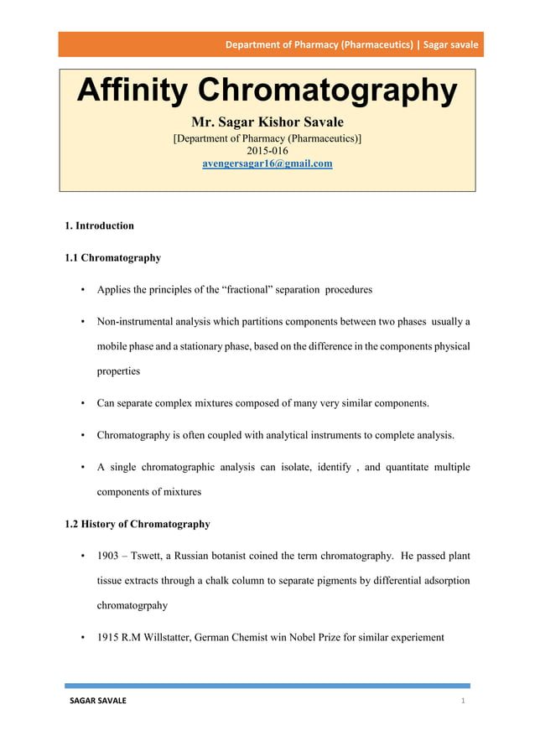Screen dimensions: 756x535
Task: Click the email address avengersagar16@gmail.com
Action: coord(267,163)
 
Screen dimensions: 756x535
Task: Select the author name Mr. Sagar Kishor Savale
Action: coord(267,122)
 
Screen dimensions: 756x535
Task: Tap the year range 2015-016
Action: coord(267,151)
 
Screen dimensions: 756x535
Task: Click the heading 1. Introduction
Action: coord(99,225)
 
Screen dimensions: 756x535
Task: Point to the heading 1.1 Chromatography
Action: coord(112,257)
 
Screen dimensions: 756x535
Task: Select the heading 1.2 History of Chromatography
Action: coord(137,524)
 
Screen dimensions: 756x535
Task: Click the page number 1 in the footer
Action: coord(463,701)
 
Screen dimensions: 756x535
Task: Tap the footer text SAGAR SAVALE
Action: coord(97,701)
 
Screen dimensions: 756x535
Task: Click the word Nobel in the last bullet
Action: coord(309,637)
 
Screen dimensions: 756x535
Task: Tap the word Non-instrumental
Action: coord(135,322)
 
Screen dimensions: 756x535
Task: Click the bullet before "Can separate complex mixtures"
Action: coord(83,403)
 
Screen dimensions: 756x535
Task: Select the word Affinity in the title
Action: coord(132,91)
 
